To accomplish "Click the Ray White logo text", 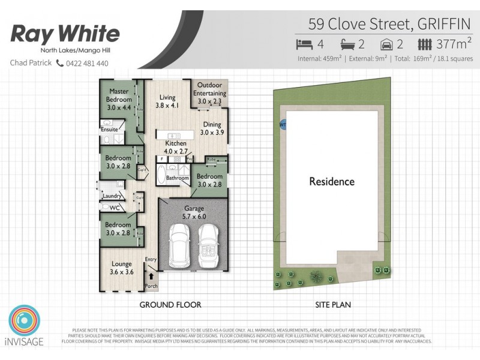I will click(x=65, y=34).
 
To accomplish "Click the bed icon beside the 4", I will click(x=305, y=44).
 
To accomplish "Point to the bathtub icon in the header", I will click(x=348, y=44).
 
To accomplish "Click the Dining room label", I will click(x=211, y=128).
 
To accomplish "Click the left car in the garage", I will click(x=179, y=247).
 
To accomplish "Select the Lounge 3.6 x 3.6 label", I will click(x=122, y=268).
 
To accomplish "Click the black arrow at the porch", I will click(x=151, y=277).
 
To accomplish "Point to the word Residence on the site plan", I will click(x=332, y=181).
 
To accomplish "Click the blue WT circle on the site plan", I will click(x=283, y=125).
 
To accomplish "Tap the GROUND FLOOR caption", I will click(x=170, y=305).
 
